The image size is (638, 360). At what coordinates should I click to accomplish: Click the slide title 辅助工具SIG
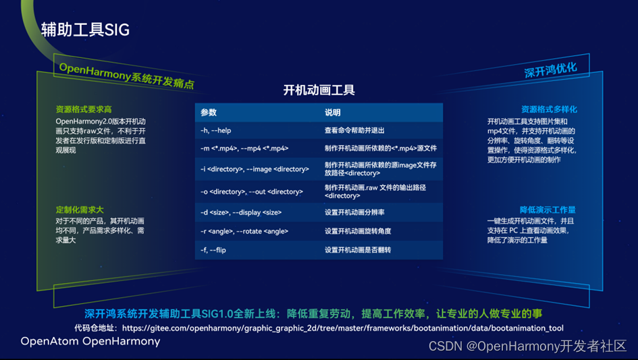click(86, 30)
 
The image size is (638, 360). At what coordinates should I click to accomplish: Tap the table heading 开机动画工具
click(319, 90)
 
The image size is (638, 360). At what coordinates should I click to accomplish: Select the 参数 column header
click(209, 112)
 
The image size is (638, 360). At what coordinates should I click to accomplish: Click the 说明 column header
click(332, 112)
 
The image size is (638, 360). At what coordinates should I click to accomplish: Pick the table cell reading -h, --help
click(215, 130)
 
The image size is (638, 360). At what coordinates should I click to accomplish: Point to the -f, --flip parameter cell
click(213, 250)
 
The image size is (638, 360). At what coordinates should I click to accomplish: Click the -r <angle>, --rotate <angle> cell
click(244, 231)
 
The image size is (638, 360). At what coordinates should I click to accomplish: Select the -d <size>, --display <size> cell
click(241, 212)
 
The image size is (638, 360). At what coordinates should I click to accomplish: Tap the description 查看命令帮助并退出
click(354, 130)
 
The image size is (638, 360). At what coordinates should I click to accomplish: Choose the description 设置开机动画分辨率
click(354, 212)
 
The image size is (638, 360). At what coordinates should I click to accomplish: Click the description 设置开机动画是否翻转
click(358, 250)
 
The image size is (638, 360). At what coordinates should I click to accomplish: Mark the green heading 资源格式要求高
click(84, 109)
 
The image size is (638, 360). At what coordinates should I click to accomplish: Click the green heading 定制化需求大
click(80, 210)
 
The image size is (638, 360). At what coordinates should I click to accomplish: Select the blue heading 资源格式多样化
click(549, 109)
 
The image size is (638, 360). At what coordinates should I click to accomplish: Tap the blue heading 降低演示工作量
click(548, 210)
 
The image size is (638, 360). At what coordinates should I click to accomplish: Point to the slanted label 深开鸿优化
click(550, 70)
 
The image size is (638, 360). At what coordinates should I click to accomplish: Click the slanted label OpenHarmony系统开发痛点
click(126, 76)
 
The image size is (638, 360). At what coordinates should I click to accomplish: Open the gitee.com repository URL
click(342, 328)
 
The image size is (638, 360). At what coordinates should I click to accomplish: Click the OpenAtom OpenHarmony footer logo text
click(90, 341)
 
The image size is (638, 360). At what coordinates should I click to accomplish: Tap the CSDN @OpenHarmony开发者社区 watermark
click(528, 346)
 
